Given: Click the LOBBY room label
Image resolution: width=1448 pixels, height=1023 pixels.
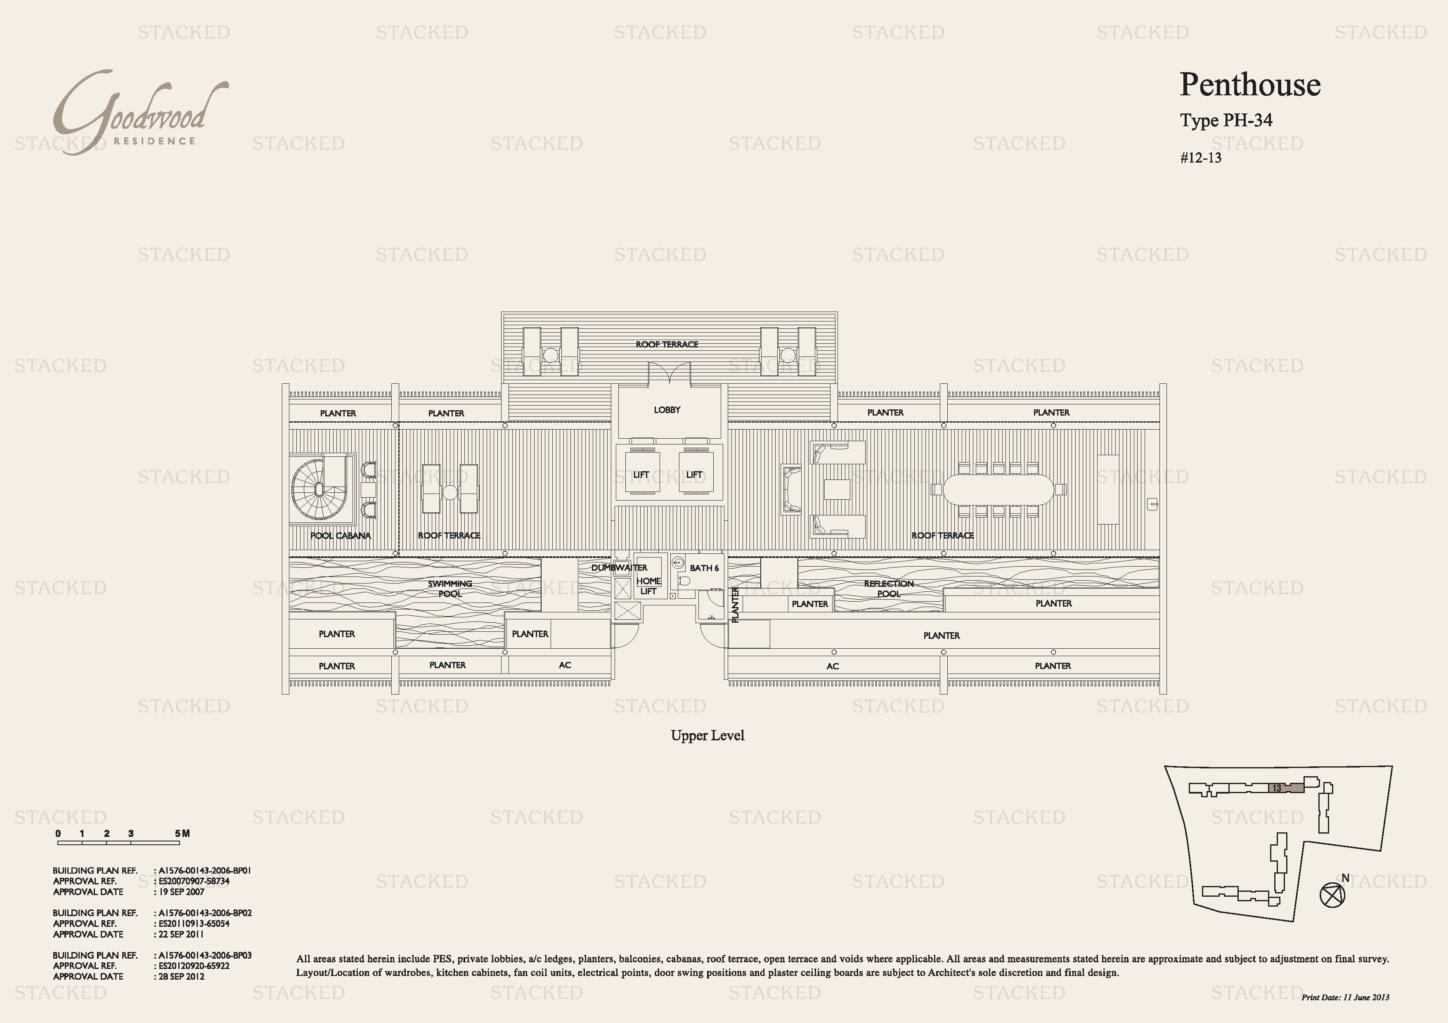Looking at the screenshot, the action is [667, 410].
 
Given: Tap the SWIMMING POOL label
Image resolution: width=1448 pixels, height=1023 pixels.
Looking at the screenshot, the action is [450, 589].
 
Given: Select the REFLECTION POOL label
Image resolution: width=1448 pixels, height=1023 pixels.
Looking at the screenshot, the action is [889, 589].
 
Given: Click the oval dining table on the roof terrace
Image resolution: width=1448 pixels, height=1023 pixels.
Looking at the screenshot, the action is [998, 489].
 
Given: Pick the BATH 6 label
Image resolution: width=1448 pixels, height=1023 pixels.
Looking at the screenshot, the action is [704, 568].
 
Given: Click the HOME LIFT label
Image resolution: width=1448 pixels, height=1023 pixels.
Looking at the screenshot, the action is [648, 586].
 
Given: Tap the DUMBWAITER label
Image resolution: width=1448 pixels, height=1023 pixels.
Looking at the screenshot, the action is [619, 568].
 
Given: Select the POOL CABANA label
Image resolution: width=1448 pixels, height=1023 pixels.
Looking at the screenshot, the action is [341, 536].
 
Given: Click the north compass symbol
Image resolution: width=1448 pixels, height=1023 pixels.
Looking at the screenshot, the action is [1332, 894].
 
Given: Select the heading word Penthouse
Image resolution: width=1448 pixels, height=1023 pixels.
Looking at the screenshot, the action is [1250, 85].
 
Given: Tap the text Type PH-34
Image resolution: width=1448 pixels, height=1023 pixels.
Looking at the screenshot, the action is [1226, 120].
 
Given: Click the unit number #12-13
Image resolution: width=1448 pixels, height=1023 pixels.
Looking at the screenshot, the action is [1201, 158].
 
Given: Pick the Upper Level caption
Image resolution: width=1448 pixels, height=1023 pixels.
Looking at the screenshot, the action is [707, 735].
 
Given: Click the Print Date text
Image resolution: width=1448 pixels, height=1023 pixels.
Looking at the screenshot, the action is [1345, 997].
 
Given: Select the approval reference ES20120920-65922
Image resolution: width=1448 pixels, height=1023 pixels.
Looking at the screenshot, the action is [194, 966].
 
